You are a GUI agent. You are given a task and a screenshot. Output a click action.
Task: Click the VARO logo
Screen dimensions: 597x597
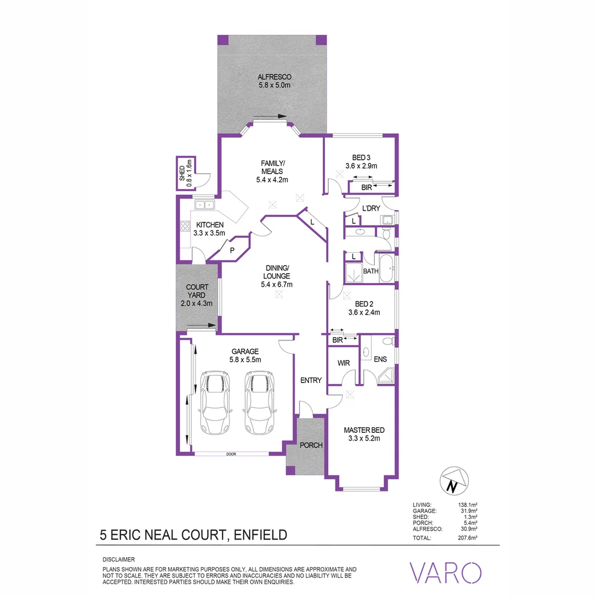point(444,572)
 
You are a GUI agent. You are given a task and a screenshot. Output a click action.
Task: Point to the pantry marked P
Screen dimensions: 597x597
point(233,250)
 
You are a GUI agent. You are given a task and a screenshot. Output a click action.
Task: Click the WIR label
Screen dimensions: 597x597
point(343,363)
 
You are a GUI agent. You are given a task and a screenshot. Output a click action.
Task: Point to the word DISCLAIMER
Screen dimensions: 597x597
point(119,559)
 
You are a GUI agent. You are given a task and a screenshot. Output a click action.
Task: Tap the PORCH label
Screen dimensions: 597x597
point(311,445)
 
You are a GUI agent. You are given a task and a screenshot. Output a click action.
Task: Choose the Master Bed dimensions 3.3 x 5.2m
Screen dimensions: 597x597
point(364,438)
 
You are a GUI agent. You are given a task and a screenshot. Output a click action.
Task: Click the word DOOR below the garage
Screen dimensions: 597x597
point(231,454)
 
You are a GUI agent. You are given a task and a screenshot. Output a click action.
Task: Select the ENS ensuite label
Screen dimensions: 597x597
point(380,359)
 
